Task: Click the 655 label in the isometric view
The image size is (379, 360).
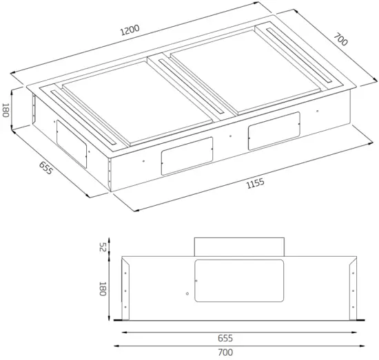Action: coord(45,169)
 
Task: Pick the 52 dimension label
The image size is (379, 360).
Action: coord(101,247)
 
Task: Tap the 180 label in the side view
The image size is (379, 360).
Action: coord(101,288)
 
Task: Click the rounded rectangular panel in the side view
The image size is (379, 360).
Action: coord(239,281)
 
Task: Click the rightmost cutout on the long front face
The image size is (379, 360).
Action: coord(274,129)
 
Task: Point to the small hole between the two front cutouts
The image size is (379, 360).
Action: coord(230,136)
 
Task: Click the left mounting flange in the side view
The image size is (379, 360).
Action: coord(123,289)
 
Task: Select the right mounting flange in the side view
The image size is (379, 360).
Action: coord(354,289)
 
